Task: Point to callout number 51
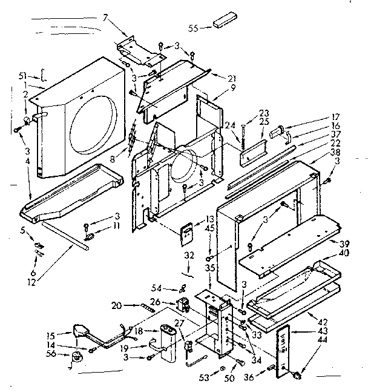tap(23, 75)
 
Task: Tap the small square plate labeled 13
tap(189, 233)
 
